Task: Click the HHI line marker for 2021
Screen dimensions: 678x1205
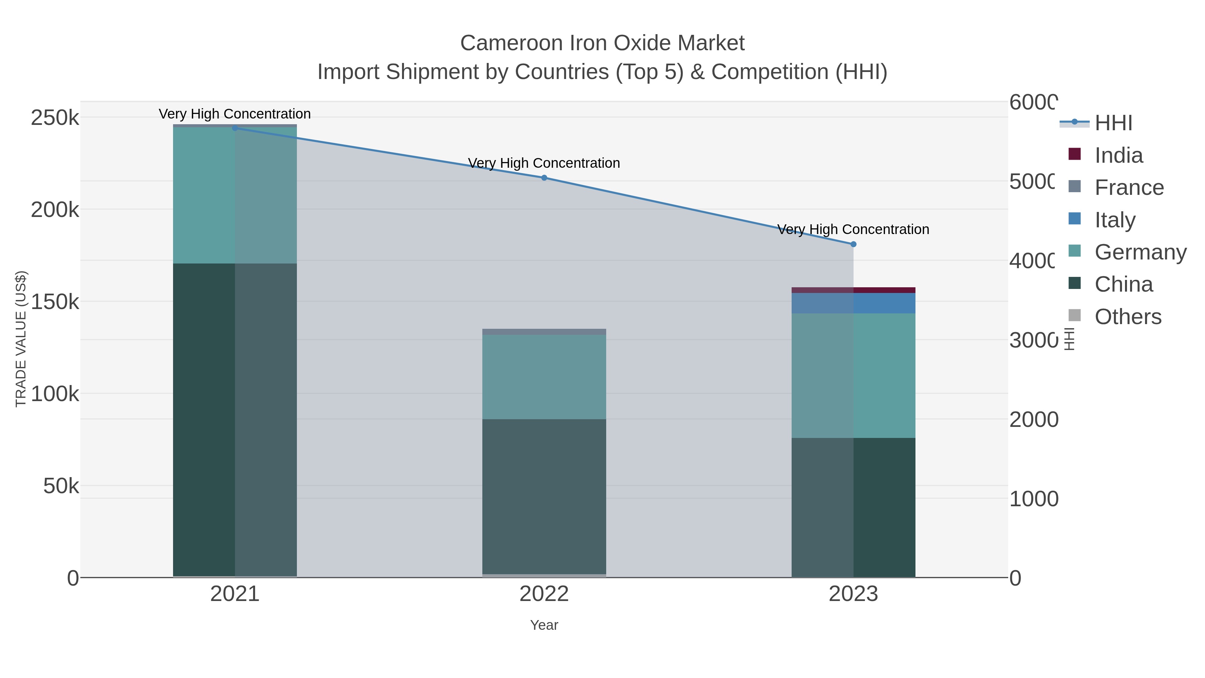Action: pyautogui.click(x=235, y=128)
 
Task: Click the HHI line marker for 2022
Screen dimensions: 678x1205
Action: pyautogui.click(x=544, y=178)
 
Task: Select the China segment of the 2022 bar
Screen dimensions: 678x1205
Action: pyautogui.click(x=544, y=496)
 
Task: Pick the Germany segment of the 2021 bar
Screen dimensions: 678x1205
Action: pyautogui.click(x=235, y=195)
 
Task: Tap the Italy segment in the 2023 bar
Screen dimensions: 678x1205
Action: pyautogui.click(x=853, y=303)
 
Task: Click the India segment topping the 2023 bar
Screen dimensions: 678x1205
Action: pyautogui.click(x=853, y=290)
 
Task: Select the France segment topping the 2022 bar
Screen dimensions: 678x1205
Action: pyautogui.click(x=544, y=332)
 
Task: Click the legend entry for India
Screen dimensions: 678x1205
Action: pyautogui.click(x=1118, y=155)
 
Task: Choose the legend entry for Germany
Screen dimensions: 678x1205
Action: pyautogui.click(x=1140, y=252)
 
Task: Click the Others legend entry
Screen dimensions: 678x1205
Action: pyautogui.click(x=1128, y=317)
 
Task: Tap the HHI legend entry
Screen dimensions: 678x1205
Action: pyautogui.click(x=1113, y=123)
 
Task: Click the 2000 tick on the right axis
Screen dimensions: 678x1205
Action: pyautogui.click(x=1033, y=420)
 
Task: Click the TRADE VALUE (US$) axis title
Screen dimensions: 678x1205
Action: pyautogui.click(x=21, y=339)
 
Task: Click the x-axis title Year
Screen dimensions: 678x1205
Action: pyautogui.click(x=544, y=625)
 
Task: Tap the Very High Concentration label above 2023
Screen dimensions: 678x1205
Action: pyautogui.click(x=853, y=230)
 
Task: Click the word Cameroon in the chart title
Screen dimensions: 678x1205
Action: pyautogui.click(x=511, y=44)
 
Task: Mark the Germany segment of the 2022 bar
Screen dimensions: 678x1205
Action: pyautogui.click(x=544, y=377)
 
